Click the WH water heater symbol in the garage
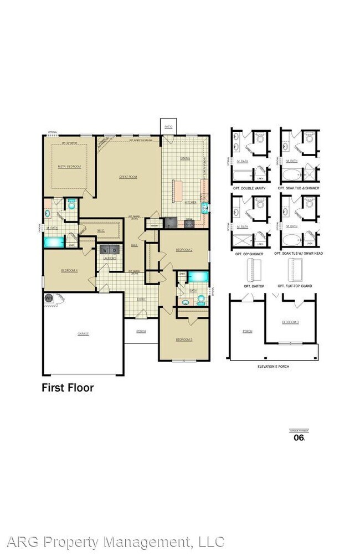(49, 298)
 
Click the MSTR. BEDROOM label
(69, 166)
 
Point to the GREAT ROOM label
(128, 177)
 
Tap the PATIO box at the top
(168, 126)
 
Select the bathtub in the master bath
(54, 242)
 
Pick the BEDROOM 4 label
(69, 270)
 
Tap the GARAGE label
(83, 333)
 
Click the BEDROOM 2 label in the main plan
(184, 250)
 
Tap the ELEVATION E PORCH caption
(273, 367)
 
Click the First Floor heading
(68, 388)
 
